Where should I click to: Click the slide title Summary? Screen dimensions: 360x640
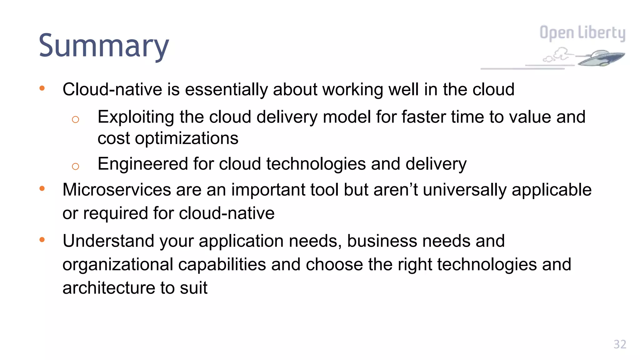(x=104, y=46)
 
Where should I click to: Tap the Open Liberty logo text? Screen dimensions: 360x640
(x=582, y=33)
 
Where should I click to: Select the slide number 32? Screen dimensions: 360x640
(x=620, y=344)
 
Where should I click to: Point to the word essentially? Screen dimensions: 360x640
(x=226, y=89)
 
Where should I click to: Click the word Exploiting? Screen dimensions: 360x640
(x=136, y=117)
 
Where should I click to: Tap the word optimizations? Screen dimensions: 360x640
(x=187, y=138)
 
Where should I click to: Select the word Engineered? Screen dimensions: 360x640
(x=142, y=164)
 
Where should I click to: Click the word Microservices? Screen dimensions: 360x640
(x=117, y=190)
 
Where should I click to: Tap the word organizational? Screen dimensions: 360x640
(x=118, y=264)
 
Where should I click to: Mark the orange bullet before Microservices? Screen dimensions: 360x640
(x=42, y=188)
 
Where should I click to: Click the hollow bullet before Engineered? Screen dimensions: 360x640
(x=75, y=166)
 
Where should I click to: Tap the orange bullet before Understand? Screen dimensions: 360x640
(x=42, y=240)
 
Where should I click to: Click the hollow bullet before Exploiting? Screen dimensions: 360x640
(x=75, y=119)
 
